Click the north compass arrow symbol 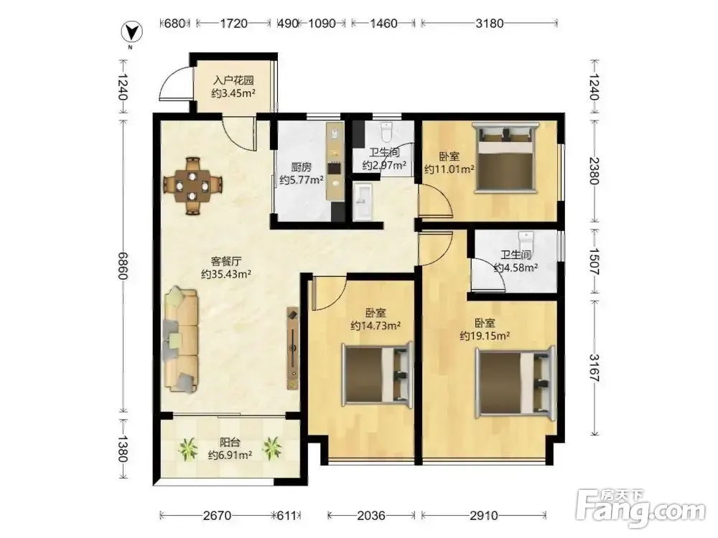tap(131, 32)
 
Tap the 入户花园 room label tap(233, 80)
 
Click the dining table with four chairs tap(192, 185)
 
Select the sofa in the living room tap(182, 339)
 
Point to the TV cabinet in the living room tap(293, 348)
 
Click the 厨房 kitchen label tap(302, 167)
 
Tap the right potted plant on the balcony tap(272, 448)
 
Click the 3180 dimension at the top tap(489, 23)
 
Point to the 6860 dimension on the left tap(123, 265)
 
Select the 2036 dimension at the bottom tap(371, 516)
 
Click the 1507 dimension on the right tap(594, 261)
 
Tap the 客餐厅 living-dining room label tap(225, 261)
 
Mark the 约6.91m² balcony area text tap(230, 456)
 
